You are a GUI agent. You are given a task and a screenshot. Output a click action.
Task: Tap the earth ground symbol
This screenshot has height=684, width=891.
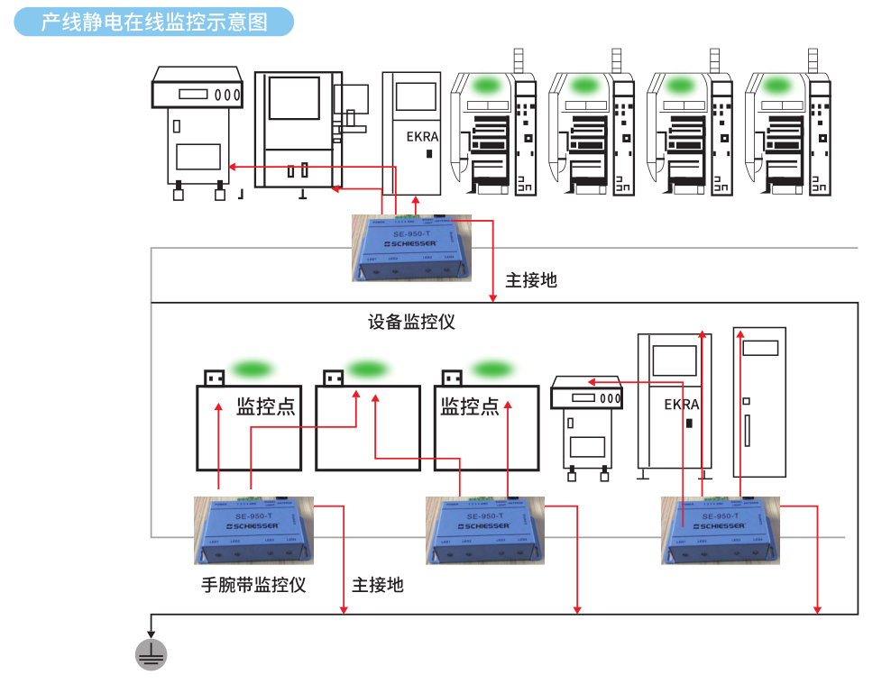tap(151, 654)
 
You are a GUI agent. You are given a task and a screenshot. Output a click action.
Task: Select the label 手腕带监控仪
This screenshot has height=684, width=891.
tap(253, 585)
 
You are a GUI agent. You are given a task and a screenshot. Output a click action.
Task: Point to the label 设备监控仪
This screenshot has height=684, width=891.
tap(411, 322)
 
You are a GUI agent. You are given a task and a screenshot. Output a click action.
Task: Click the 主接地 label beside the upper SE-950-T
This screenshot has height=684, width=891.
tap(531, 280)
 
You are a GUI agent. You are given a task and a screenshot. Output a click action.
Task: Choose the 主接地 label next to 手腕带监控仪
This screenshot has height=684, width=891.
tap(378, 585)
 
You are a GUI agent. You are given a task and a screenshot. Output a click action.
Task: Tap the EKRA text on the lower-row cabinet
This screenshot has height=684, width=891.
tap(682, 405)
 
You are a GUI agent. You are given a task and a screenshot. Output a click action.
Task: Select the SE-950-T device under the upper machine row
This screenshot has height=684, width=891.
tap(412, 248)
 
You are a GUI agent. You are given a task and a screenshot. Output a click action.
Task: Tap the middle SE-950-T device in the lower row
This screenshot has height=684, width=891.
tap(485, 530)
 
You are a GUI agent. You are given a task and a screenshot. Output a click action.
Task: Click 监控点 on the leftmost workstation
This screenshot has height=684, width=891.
tap(265, 406)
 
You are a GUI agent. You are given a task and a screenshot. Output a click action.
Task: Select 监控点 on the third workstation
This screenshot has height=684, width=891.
tap(469, 406)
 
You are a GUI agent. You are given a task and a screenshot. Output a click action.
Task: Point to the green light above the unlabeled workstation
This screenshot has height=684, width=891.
tap(365, 369)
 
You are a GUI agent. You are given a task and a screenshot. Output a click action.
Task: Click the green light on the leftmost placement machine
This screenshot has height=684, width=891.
tap(487, 86)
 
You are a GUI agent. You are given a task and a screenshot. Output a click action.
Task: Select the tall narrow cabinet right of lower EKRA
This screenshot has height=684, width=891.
tap(760, 401)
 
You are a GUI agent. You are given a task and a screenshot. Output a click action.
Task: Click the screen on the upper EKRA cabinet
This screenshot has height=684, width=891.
tap(416, 97)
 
